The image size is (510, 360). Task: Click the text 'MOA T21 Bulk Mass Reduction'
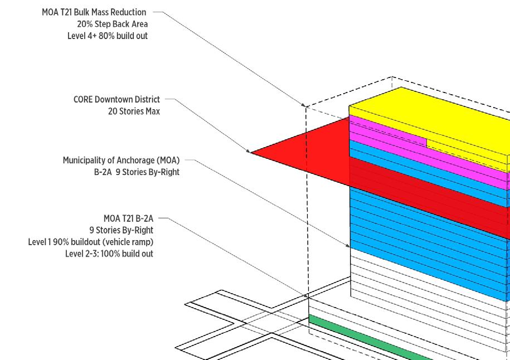94,12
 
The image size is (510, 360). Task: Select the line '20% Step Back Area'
112,24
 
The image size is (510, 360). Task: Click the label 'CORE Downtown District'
116,99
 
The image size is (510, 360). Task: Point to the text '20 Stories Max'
134,111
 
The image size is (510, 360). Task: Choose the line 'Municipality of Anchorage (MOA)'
121,160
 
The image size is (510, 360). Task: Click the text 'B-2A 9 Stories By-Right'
137,172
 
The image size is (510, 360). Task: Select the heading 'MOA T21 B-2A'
128,218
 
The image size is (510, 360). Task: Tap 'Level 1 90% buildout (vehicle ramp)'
90,242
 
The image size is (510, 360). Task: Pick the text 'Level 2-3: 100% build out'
109,254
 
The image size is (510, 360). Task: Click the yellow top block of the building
429,123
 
